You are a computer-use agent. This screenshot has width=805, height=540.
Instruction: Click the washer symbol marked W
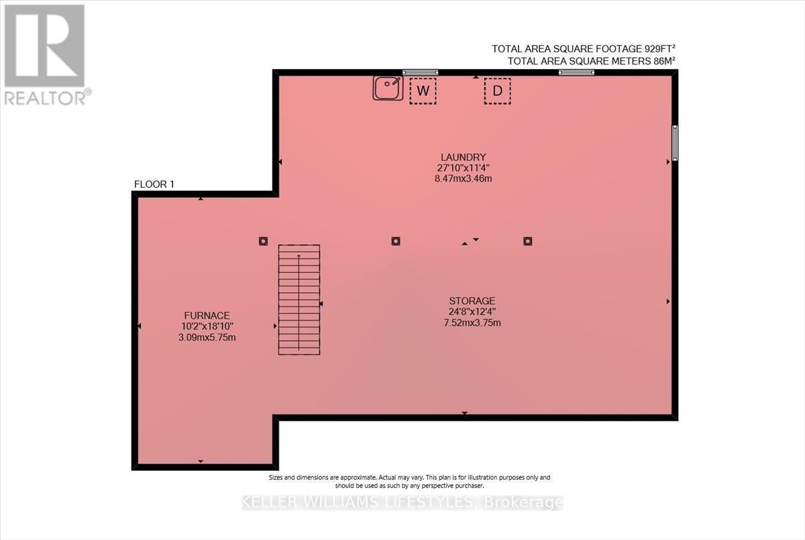coord(423,91)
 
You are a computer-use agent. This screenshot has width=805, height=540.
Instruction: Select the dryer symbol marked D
coord(497,91)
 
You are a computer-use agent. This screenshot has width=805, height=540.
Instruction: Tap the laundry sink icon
coord(388,88)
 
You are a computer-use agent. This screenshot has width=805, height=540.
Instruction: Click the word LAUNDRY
coord(464,158)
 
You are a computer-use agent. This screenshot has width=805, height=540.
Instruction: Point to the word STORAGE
coord(472,301)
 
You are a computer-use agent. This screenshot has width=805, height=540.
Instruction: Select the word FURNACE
coord(207,315)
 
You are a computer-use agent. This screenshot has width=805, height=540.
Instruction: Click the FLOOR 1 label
coord(154,184)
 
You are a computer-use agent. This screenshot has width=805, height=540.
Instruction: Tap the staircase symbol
coord(299,300)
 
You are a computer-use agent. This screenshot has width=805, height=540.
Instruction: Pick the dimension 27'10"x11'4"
coord(464,168)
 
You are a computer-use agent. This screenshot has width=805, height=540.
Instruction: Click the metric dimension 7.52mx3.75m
coord(472,323)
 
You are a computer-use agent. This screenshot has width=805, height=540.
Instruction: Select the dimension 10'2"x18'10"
coord(207,326)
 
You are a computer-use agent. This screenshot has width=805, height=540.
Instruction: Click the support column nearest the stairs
coord(263,241)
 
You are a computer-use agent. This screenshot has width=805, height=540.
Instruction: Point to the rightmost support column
coord(527,241)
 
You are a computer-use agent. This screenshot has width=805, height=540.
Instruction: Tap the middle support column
coord(396,241)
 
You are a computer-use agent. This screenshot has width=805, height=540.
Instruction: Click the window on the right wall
coord(675,143)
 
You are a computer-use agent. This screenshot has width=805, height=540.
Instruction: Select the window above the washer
coord(420,72)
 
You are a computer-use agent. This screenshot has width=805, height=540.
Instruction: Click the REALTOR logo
coord(46,55)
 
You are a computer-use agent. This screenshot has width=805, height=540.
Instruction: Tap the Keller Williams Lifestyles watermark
coord(402,502)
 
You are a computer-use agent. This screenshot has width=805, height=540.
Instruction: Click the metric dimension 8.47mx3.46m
coord(464,178)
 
